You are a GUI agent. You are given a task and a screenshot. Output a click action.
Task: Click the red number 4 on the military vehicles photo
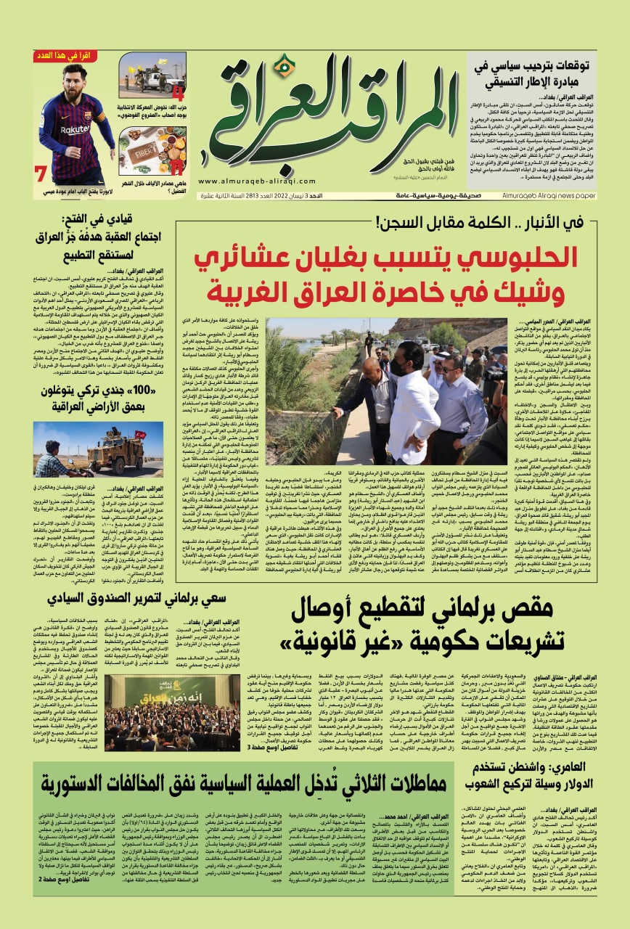(x=176, y=93)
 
